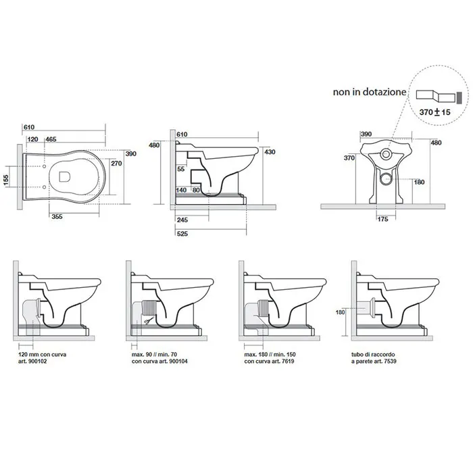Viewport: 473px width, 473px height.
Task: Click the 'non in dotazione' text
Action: (370, 92)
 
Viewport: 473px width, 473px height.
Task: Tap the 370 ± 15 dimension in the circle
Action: (434, 112)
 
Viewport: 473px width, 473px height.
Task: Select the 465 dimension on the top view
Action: (51, 139)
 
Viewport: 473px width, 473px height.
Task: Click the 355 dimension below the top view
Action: (57, 217)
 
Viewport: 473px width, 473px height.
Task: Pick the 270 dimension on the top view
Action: (116, 164)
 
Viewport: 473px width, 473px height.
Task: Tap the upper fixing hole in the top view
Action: (45, 166)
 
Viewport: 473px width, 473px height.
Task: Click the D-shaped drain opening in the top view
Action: (65, 177)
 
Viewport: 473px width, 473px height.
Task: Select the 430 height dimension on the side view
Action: (270, 152)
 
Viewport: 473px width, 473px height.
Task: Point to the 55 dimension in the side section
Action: (180, 169)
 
